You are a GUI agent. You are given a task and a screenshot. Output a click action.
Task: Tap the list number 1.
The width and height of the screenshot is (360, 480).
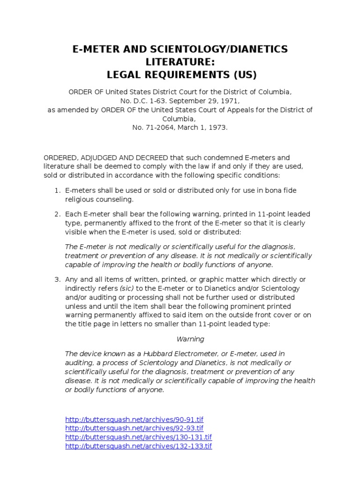(x=56, y=191)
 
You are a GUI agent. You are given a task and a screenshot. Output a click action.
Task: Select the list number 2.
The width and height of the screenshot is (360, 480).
(x=56, y=214)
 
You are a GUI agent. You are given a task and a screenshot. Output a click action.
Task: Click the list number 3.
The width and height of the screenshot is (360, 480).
(x=56, y=280)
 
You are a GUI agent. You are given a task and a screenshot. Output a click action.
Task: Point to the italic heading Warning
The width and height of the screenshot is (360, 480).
(x=190, y=339)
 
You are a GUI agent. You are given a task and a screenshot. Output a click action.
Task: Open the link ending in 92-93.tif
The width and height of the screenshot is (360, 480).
(x=134, y=428)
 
